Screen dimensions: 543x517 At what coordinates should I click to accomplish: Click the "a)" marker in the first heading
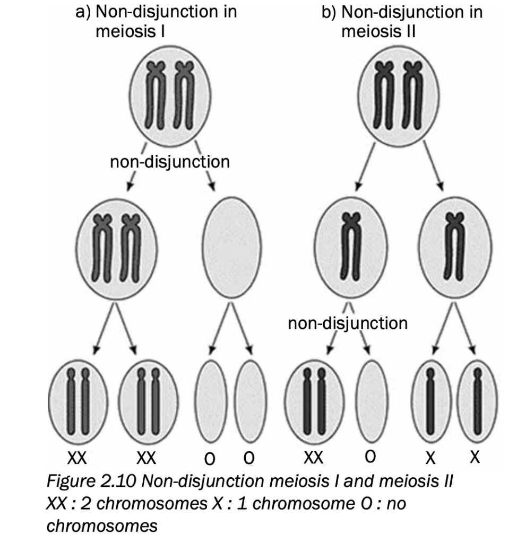coord(84,12)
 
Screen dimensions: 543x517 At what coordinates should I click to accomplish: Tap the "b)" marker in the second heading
coord(331,12)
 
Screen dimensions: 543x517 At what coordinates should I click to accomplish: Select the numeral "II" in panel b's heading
coord(408,31)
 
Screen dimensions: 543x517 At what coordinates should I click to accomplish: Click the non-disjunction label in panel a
coord(170,161)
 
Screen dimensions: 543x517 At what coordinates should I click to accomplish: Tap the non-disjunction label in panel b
coord(347,322)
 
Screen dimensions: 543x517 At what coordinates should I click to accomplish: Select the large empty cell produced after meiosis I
coord(229,246)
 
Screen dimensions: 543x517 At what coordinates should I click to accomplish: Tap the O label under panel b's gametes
coord(370,456)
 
